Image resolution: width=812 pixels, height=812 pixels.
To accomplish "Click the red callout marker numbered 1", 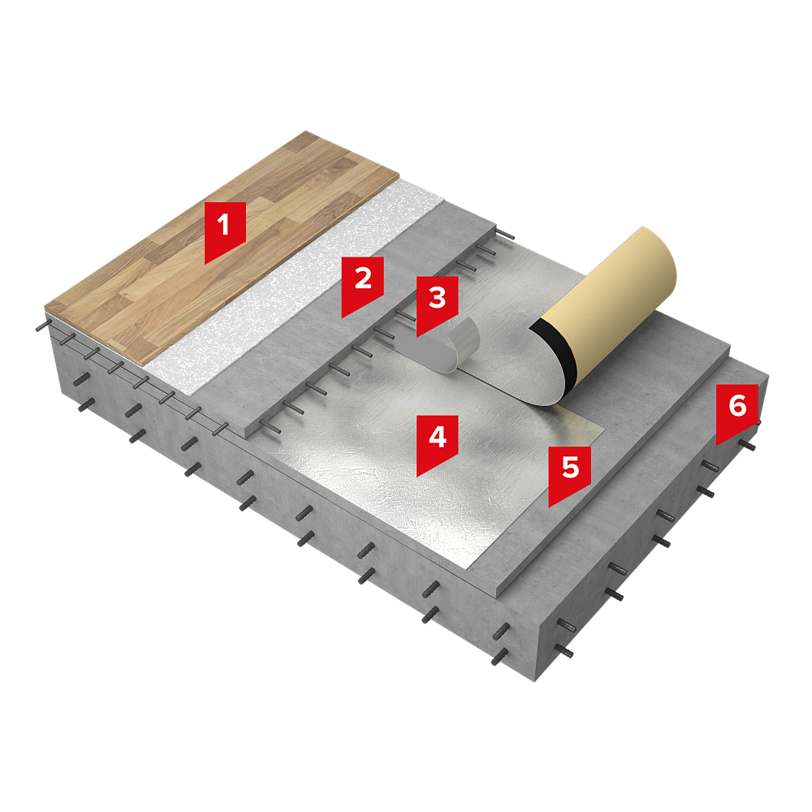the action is click(225, 232).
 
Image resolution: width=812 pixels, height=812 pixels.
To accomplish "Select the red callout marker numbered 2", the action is click(362, 287).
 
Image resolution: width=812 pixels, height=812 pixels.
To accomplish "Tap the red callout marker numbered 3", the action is click(437, 305).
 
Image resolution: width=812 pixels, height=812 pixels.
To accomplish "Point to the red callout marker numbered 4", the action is click(437, 445).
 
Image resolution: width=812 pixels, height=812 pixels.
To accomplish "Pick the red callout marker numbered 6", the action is click(737, 414).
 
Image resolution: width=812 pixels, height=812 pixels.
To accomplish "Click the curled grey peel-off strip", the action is click(450, 346).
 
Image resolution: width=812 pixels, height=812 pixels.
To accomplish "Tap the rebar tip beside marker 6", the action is click(749, 446).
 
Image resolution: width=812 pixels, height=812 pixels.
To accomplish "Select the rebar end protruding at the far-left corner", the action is click(41, 327).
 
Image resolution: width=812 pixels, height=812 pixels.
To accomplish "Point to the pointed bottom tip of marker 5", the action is click(550, 507).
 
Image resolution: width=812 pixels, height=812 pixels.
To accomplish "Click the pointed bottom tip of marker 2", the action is click(343, 317).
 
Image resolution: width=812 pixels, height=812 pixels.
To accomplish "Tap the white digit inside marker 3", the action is click(438, 298).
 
